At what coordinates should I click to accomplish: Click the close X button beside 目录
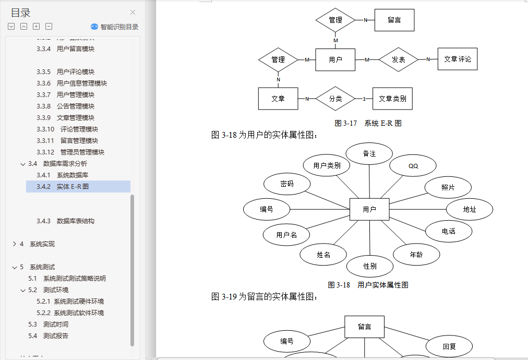(133, 13)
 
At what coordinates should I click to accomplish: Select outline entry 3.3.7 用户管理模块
(75, 94)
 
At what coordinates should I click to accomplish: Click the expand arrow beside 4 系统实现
(14, 244)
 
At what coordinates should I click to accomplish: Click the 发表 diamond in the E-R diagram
(399, 59)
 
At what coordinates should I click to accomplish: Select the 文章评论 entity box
(458, 59)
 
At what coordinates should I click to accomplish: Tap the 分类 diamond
(335, 99)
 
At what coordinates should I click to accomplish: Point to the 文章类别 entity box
(392, 99)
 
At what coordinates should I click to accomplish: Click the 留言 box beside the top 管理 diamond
(394, 20)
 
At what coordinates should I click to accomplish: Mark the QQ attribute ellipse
(413, 166)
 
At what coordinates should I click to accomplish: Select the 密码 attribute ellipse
(287, 184)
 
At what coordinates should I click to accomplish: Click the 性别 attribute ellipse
(370, 266)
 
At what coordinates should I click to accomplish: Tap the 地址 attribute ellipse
(470, 209)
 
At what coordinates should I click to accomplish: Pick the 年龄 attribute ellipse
(416, 255)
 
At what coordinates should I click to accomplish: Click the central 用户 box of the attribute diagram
(369, 210)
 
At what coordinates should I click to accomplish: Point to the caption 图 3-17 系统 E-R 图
(368, 124)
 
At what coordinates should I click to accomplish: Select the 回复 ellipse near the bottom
(449, 346)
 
